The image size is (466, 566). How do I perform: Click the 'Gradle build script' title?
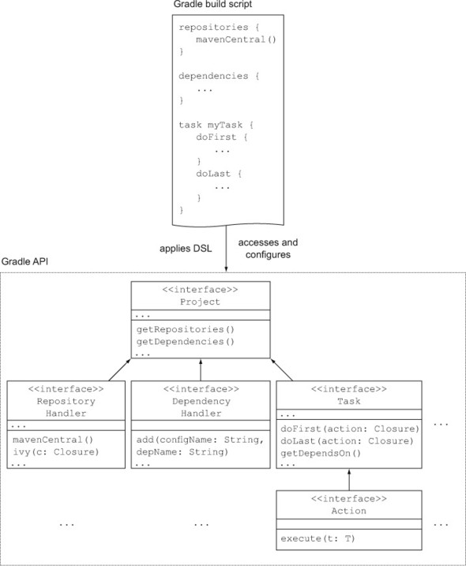[x=212, y=4]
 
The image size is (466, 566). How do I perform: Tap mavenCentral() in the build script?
[x=236, y=39]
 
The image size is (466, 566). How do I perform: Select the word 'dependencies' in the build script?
[x=213, y=76]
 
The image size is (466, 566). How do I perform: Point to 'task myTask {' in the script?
[x=216, y=125]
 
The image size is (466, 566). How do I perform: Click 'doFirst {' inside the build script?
[x=222, y=137]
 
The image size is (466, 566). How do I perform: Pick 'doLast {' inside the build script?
[x=219, y=174]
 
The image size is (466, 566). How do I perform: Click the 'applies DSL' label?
[x=186, y=249]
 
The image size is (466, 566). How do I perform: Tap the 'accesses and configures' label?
[x=268, y=249]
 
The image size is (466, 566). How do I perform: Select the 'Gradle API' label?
[x=24, y=261]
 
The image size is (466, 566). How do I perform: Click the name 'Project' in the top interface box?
[x=200, y=302]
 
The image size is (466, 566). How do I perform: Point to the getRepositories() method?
[x=186, y=329]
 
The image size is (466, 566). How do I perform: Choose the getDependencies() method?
[x=186, y=342]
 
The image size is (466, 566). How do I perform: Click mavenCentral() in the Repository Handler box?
[x=53, y=440]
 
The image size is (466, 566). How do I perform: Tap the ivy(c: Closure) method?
[x=56, y=452]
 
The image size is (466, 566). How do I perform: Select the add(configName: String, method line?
[x=200, y=440]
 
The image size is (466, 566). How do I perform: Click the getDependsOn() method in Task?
[x=321, y=453]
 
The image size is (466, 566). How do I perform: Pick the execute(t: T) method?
[x=318, y=538]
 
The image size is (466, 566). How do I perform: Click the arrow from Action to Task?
[x=349, y=479]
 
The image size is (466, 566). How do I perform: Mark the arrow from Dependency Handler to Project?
[x=201, y=369]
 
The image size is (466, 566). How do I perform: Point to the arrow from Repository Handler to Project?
[x=119, y=369]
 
